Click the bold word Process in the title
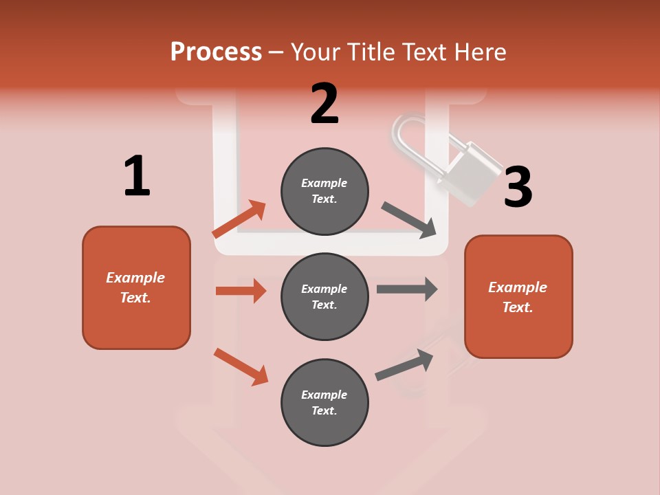coord(216,52)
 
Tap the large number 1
coord(137,176)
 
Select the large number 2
coord(324,104)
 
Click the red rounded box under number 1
coord(136,287)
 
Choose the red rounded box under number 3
coord(518,296)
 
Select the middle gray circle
coord(324,296)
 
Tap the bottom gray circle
coord(324,402)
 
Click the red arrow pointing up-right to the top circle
coord(239,219)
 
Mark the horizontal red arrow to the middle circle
coord(241,291)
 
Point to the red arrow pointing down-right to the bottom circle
coord(241,366)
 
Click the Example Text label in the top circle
coord(324,190)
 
